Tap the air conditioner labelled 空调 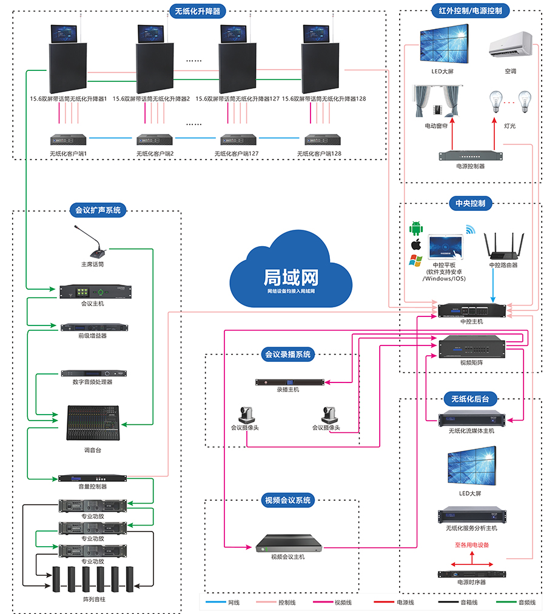tap(510, 45)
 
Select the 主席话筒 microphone tap(92, 243)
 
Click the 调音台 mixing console tap(92, 422)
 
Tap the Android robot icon tap(416, 229)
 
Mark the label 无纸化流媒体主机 tap(471, 431)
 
